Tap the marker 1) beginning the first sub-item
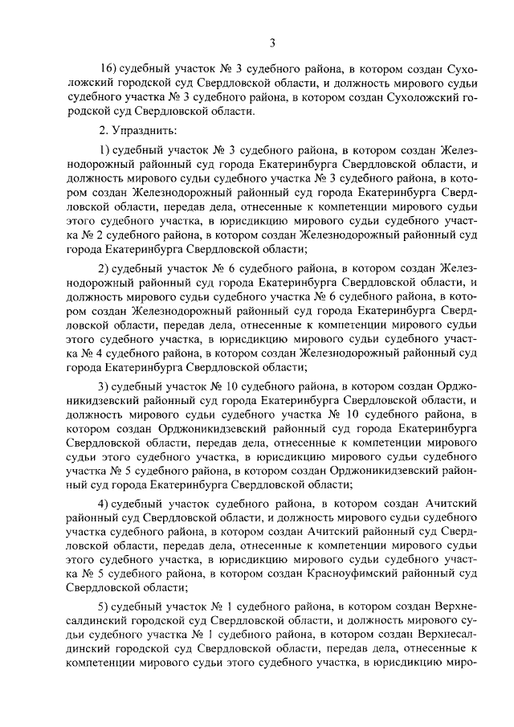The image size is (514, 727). pyautogui.click(x=104, y=151)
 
